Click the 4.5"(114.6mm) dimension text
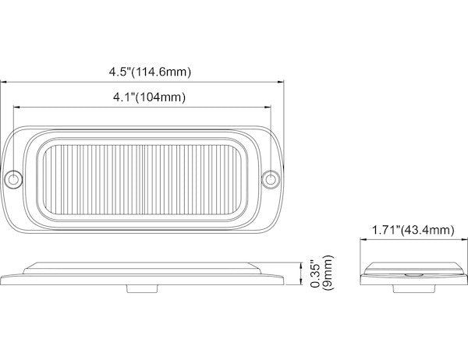click(150, 72)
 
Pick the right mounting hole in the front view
click(271, 179)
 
